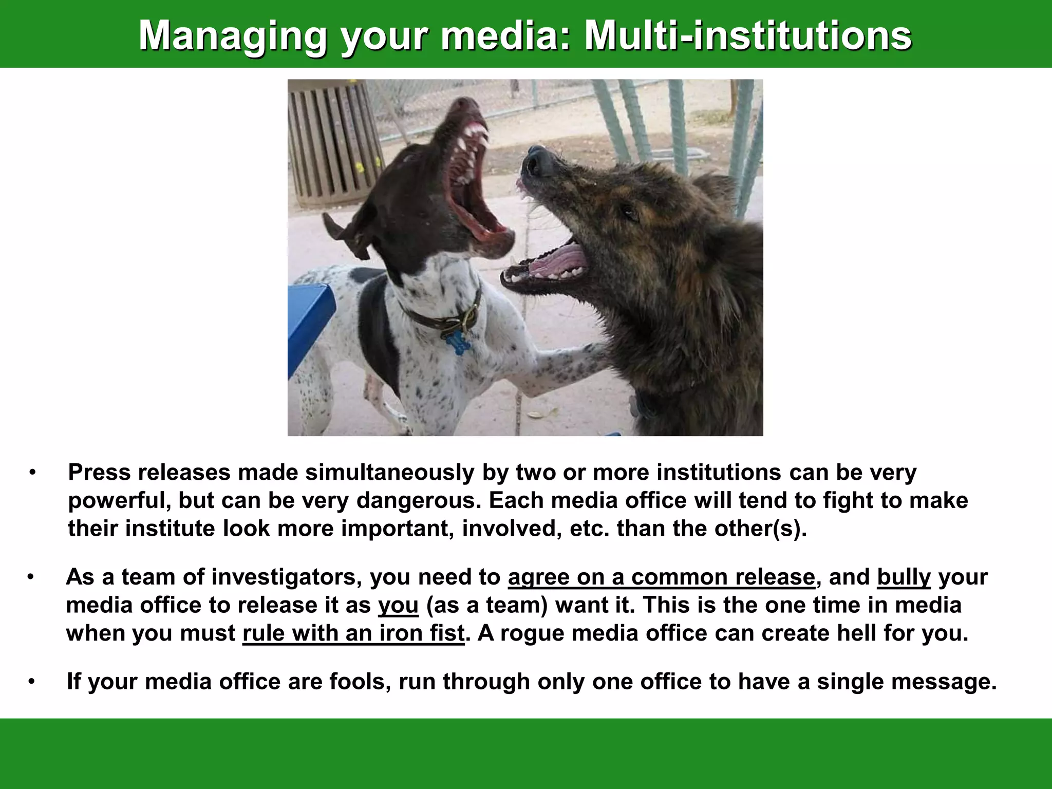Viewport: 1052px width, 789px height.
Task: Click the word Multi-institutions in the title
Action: (x=747, y=35)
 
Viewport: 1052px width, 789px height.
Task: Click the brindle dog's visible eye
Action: (x=628, y=211)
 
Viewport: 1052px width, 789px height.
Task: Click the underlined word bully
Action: (x=904, y=577)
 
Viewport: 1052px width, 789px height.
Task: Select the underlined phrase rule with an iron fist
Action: (x=353, y=633)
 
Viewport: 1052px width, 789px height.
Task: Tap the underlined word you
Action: (x=398, y=606)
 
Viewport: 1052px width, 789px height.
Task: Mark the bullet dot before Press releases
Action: (x=32, y=473)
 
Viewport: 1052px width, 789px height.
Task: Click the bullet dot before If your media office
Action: (x=32, y=682)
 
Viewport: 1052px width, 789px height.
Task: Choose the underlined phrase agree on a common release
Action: (x=661, y=577)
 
